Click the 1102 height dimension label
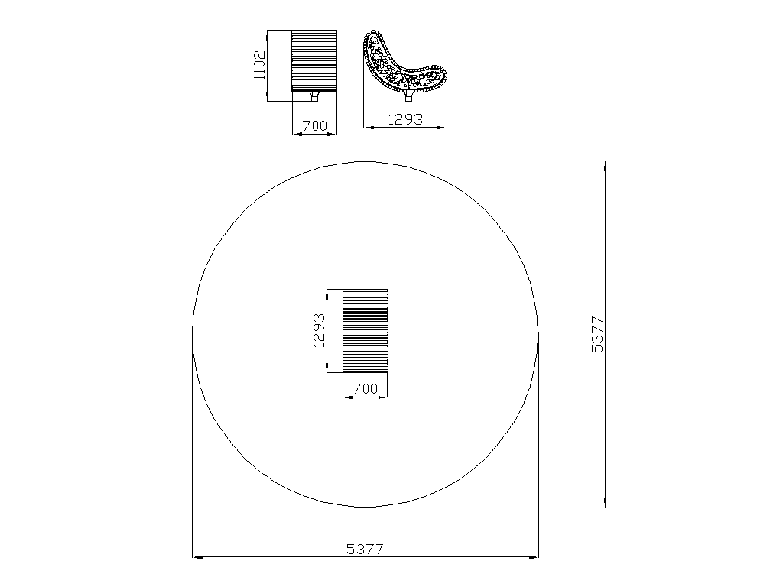[x=260, y=65]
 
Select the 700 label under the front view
[x=314, y=126]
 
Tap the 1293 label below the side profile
[x=405, y=119]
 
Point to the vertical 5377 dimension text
[x=597, y=335]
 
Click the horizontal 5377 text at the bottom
[x=365, y=549]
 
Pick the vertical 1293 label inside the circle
[x=319, y=330]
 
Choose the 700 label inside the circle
[x=365, y=388]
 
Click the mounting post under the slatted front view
[x=314, y=96]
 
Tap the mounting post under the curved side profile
[x=408, y=96]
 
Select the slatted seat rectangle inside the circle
[x=365, y=330]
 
